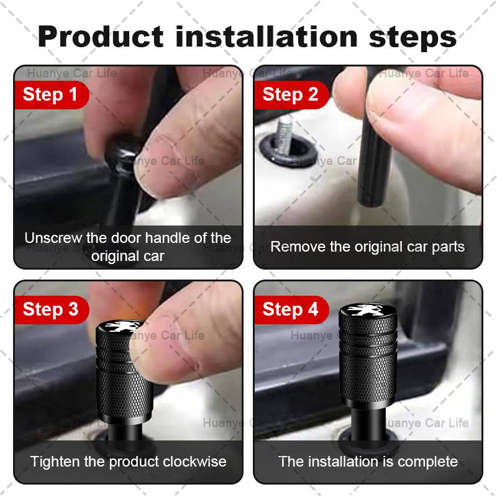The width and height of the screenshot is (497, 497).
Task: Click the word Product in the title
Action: (101, 37)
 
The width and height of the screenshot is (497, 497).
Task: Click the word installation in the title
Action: (267, 37)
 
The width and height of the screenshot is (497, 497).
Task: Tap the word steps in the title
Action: (413, 39)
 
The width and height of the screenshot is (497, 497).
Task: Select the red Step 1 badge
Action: (52, 95)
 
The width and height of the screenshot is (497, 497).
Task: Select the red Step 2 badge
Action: (291, 95)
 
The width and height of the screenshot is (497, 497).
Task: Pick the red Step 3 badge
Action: (52, 309)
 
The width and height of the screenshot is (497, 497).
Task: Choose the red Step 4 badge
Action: (291, 309)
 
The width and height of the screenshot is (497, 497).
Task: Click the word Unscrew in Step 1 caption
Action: (53, 238)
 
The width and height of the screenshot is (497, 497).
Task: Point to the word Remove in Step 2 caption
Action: (298, 247)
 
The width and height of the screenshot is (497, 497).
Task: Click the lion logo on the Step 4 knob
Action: (368, 311)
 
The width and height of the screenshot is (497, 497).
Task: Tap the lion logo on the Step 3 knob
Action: (121, 327)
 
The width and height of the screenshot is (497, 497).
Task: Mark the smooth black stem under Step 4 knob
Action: (368, 423)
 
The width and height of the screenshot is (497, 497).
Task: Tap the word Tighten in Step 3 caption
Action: (55, 462)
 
